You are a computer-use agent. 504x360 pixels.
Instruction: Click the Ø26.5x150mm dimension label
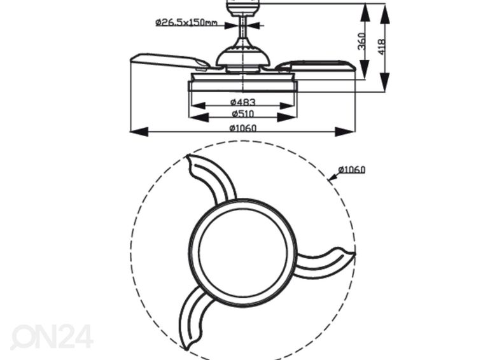[186, 22]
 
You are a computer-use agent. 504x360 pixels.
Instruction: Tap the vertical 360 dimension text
[362, 41]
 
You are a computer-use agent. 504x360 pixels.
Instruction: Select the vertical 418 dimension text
[381, 47]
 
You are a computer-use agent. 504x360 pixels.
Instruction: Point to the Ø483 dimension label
[243, 102]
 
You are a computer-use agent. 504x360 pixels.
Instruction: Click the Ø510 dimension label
[243, 113]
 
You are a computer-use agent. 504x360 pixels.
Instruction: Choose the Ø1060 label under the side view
[243, 128]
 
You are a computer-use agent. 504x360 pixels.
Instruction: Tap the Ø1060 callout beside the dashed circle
[352, 169]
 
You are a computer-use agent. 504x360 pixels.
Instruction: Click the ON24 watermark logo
[52, 336]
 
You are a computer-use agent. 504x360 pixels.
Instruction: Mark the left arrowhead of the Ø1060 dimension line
[139, 132]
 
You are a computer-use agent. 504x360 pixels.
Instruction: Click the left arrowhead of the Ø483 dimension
[199, 106]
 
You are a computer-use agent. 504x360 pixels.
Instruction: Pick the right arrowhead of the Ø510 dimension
[287, 117]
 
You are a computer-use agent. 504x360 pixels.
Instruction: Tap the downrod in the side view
[243, 27]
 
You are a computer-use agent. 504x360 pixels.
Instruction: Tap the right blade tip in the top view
[355, 254]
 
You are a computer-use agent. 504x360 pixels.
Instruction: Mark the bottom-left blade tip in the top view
[186, 349]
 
